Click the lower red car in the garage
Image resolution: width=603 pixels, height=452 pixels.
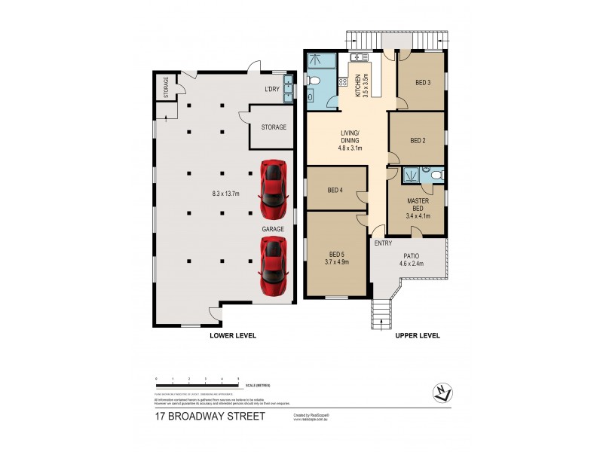(x=273, y=264)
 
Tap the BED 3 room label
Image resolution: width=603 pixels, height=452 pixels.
(x=423, y=83)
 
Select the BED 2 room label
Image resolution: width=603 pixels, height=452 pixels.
(x=419, y=140)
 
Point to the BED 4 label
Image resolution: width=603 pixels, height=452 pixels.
(x=335, y=190)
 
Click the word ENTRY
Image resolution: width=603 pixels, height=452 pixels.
(x=383, y=243)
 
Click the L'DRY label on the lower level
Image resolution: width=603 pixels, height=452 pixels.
(x=272, y=90)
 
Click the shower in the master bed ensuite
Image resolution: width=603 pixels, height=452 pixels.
(x=412, y=175)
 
